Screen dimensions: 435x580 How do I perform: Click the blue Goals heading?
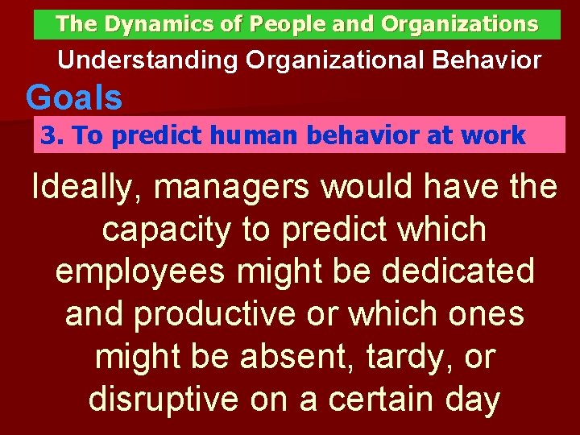tap(74, 98)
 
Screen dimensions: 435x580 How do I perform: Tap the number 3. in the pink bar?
tap(52, 135)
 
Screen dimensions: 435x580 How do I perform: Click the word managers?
tap(234, 188)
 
